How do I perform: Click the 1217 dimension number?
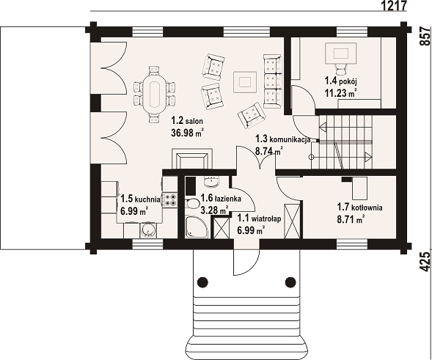click(395, 5)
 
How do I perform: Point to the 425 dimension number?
click(425, 262)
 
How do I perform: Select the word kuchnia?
click(148, 199)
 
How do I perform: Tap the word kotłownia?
click(367, 207)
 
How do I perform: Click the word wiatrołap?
click(266, 219)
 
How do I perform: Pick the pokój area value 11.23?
click(336, 93)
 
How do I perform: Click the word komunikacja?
click(290, 139)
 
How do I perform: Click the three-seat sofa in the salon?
click(272, 81)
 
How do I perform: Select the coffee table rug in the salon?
click(245, 82)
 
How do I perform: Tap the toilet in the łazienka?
click(192, 204)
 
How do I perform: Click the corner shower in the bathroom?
click(196, 227)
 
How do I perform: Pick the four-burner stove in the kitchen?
click(171, 200)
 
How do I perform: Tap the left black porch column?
click(202, 282)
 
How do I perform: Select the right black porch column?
click(290, 282)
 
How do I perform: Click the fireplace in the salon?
click(191, 159)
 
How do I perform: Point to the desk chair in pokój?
click(341, 68)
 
